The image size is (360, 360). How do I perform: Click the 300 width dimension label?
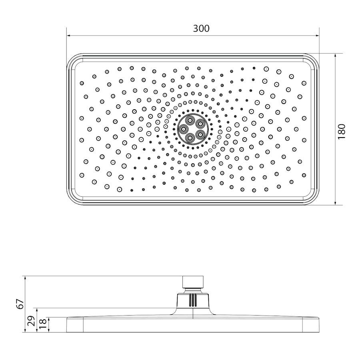tap(201, 28)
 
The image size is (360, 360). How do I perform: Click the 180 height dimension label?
tap(342, 131)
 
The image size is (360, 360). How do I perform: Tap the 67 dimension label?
tap(20, 304)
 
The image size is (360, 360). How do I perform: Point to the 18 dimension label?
tap(43, 324)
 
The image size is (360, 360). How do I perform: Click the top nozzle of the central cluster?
tap(190, 120)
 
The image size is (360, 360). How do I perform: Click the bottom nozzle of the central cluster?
tap(190, 138)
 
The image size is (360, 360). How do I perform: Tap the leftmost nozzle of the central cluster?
tap(183, 129)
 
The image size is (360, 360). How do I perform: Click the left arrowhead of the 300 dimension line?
tap(69, 36)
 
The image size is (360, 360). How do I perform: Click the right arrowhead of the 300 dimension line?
tap(317, 36)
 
